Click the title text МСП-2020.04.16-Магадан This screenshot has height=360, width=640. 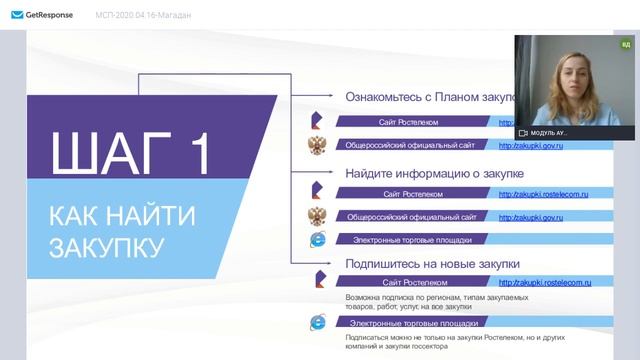click(144, 15)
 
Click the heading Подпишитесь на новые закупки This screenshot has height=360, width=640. click(432, 263)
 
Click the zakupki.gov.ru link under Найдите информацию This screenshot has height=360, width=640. click(531, 216)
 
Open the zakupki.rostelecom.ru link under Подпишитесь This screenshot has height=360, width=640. click(543, 284)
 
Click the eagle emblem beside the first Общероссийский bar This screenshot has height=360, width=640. click(317, 145)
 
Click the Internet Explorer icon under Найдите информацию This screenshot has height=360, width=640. click(318, 239)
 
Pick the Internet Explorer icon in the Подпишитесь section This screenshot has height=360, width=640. click(318, 323)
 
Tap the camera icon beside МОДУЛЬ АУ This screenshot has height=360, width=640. click(522, 132)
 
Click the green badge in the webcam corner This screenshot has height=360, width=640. click(626, 44)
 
